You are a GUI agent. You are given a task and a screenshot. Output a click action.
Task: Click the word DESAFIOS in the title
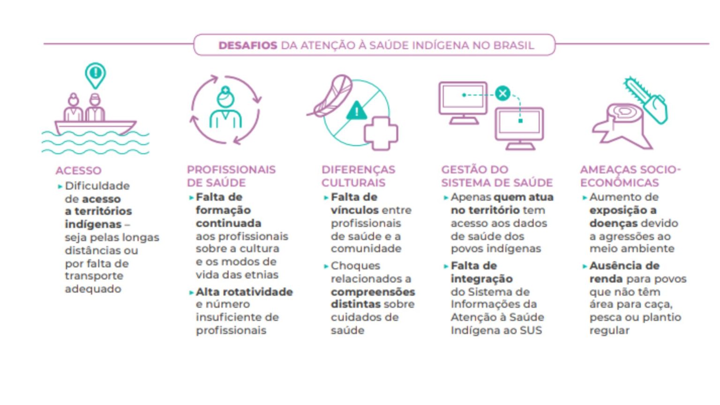click(247, 45)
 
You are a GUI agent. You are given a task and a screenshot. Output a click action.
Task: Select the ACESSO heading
click(78, 170)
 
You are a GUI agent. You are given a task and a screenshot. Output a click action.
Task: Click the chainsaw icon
click(646, 100)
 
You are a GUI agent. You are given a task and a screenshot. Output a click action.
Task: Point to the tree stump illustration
click(622, 127)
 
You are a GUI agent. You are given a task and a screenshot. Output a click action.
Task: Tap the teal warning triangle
click(356, 111)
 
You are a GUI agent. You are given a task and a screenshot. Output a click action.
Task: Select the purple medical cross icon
click(381, 134)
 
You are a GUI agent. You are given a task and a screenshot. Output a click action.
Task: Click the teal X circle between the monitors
click(502, 94)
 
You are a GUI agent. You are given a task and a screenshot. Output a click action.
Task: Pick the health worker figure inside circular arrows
click(225, 108)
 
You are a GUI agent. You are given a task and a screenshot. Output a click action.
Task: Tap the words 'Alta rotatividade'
click(244, 292)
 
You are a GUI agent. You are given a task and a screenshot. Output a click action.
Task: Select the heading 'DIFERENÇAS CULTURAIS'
click(358, 176)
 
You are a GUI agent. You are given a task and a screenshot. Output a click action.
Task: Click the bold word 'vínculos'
click(354, 210)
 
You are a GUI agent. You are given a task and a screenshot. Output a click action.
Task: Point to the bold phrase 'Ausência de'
click(624, 266)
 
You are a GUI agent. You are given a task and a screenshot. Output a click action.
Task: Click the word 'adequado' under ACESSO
click(93, 289)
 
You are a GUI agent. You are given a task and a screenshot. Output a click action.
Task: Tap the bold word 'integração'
click(481, 279)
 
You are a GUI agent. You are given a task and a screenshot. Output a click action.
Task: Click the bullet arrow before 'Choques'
click(326, 266)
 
